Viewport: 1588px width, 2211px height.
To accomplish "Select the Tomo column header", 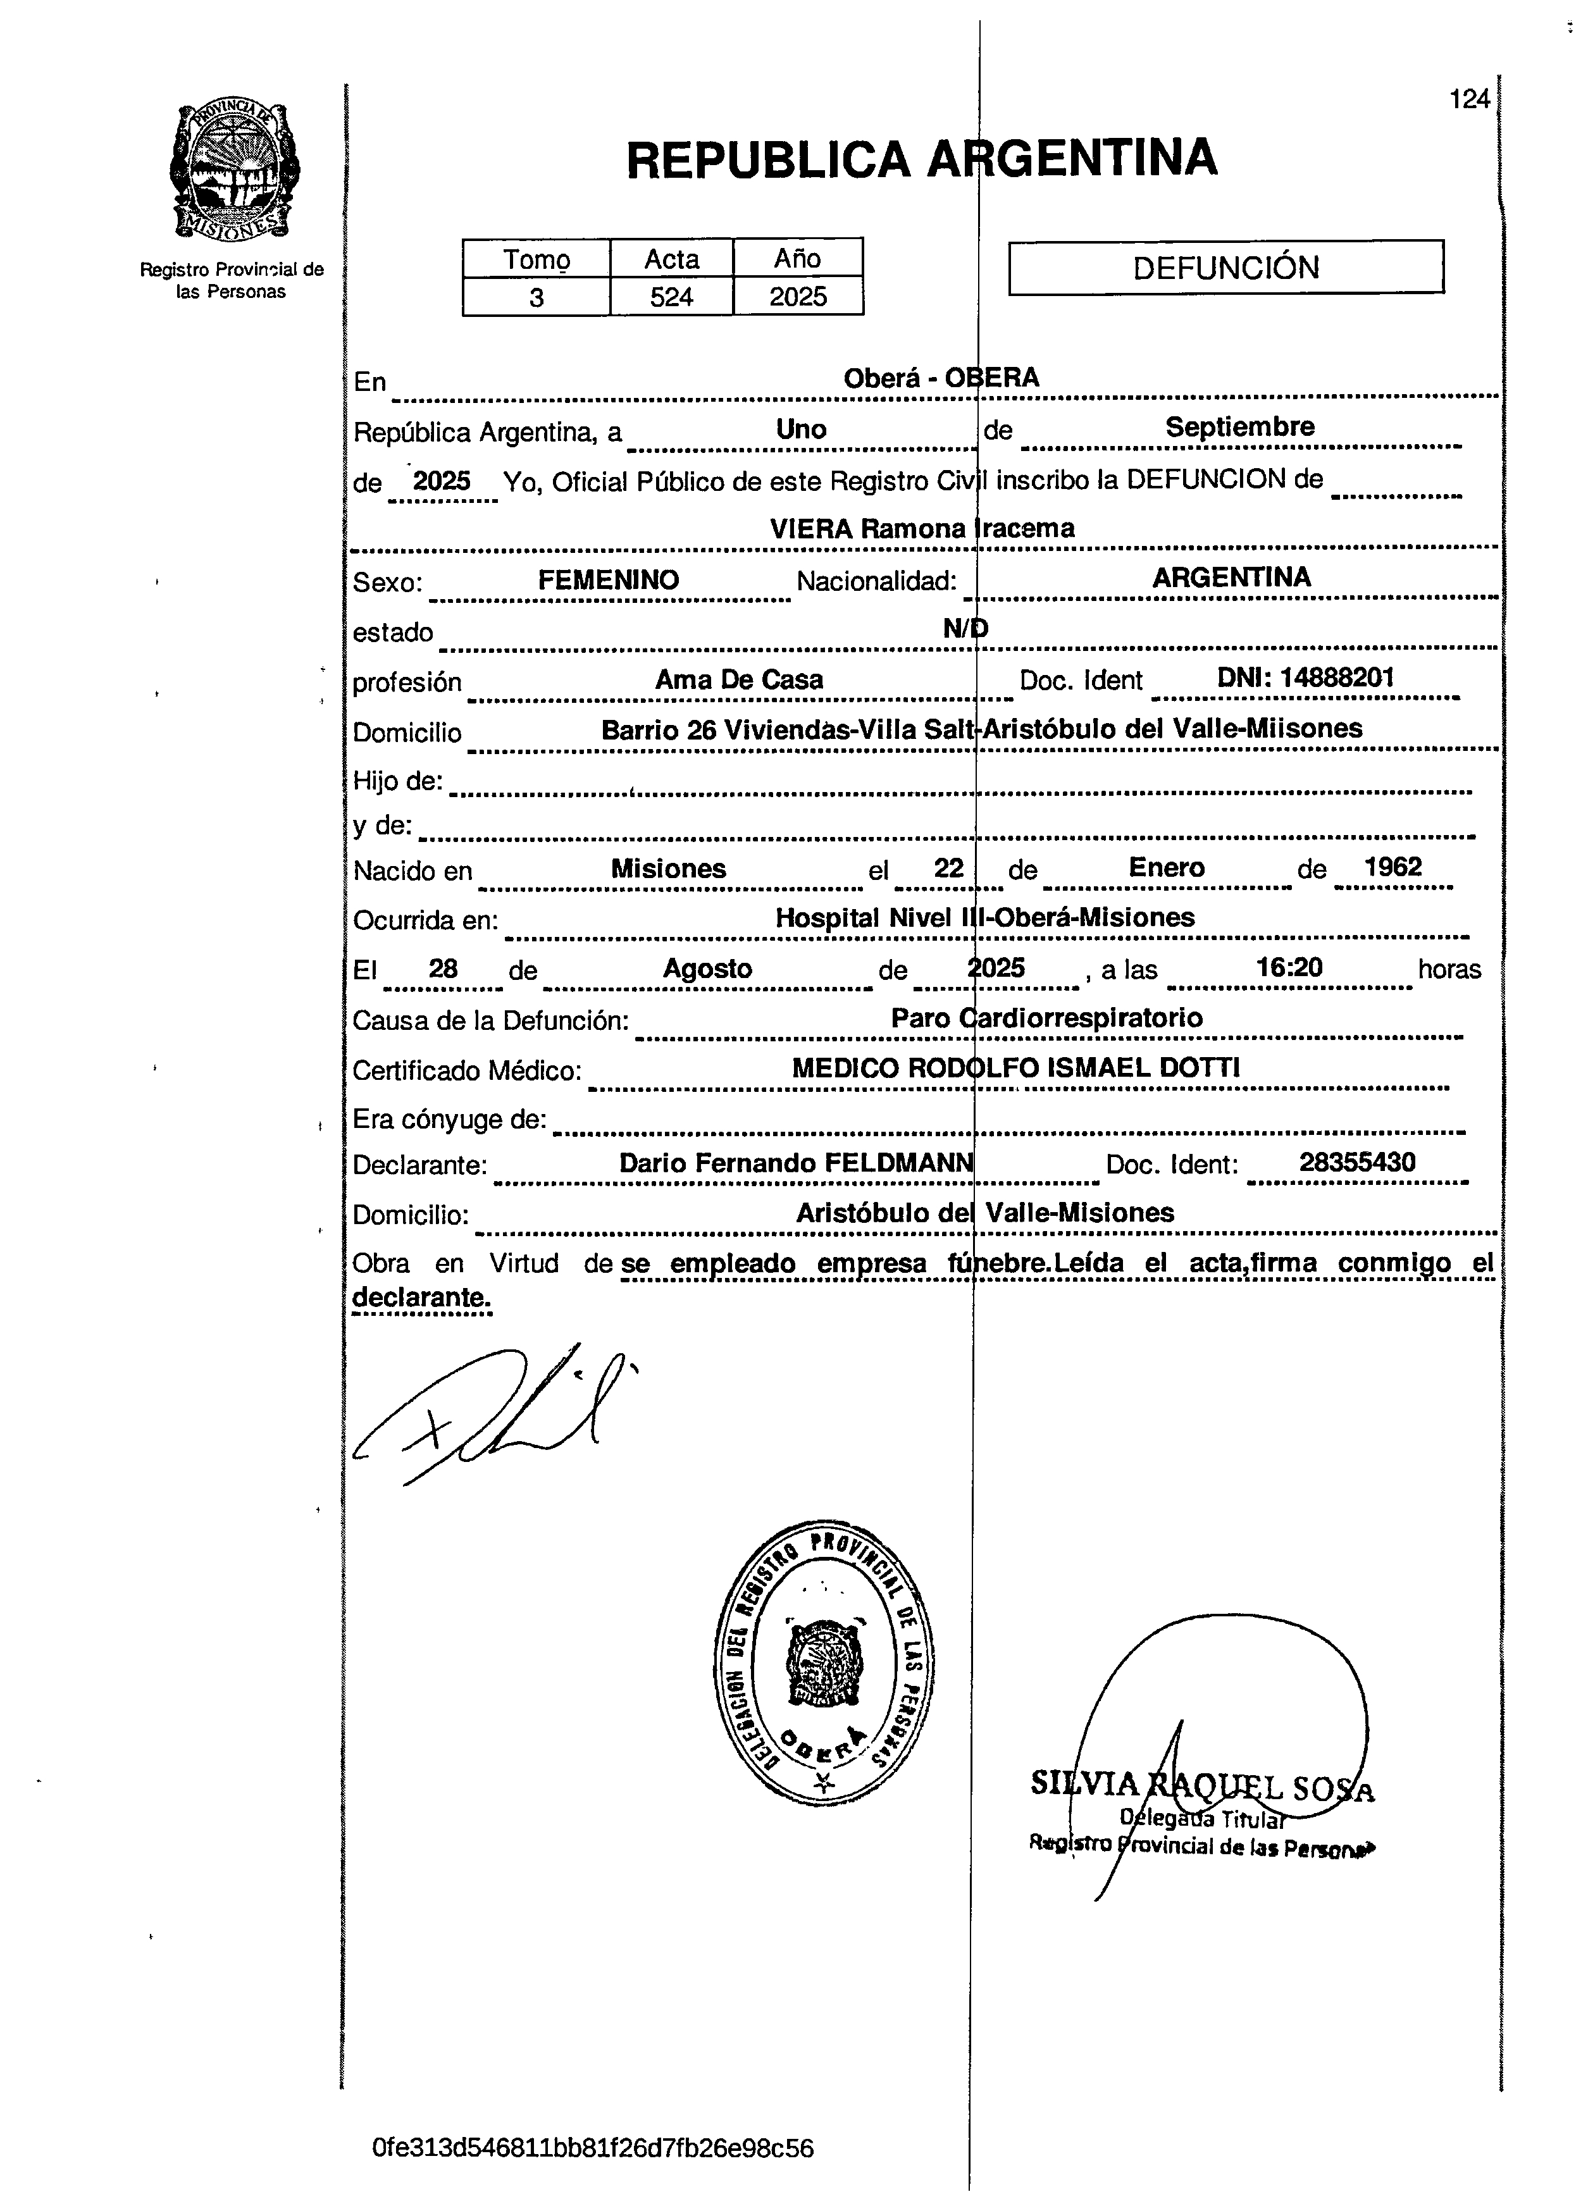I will pyautogui.click(x=536, y=259).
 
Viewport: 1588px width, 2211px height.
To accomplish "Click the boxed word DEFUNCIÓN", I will pyautogui.click(x=1225, y=267).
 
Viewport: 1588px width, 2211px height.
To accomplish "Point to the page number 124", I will pyautogui.click(x=1469, y=99).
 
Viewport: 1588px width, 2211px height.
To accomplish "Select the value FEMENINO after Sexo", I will pyautogui.click(x=608, y=580).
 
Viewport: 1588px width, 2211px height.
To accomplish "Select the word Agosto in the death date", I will pyautogui.click(x=708, y=969).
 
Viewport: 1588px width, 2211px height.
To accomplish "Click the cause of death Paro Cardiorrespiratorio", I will pyautogui.click(x=1046, y=1018).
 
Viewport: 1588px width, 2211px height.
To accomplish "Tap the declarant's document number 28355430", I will pyautogui.click(x=1357, y=1162).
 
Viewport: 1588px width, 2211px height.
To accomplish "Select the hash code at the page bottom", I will pyautogui.click(x=593, y=2148).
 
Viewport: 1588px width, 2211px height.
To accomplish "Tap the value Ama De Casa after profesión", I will pyautogui.click(x=739, y=679).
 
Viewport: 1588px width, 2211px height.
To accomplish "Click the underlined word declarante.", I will pyautogui.click(x=421, y=1297).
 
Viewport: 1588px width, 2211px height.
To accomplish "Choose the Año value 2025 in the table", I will pyautogui.click(x=797, y=296).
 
